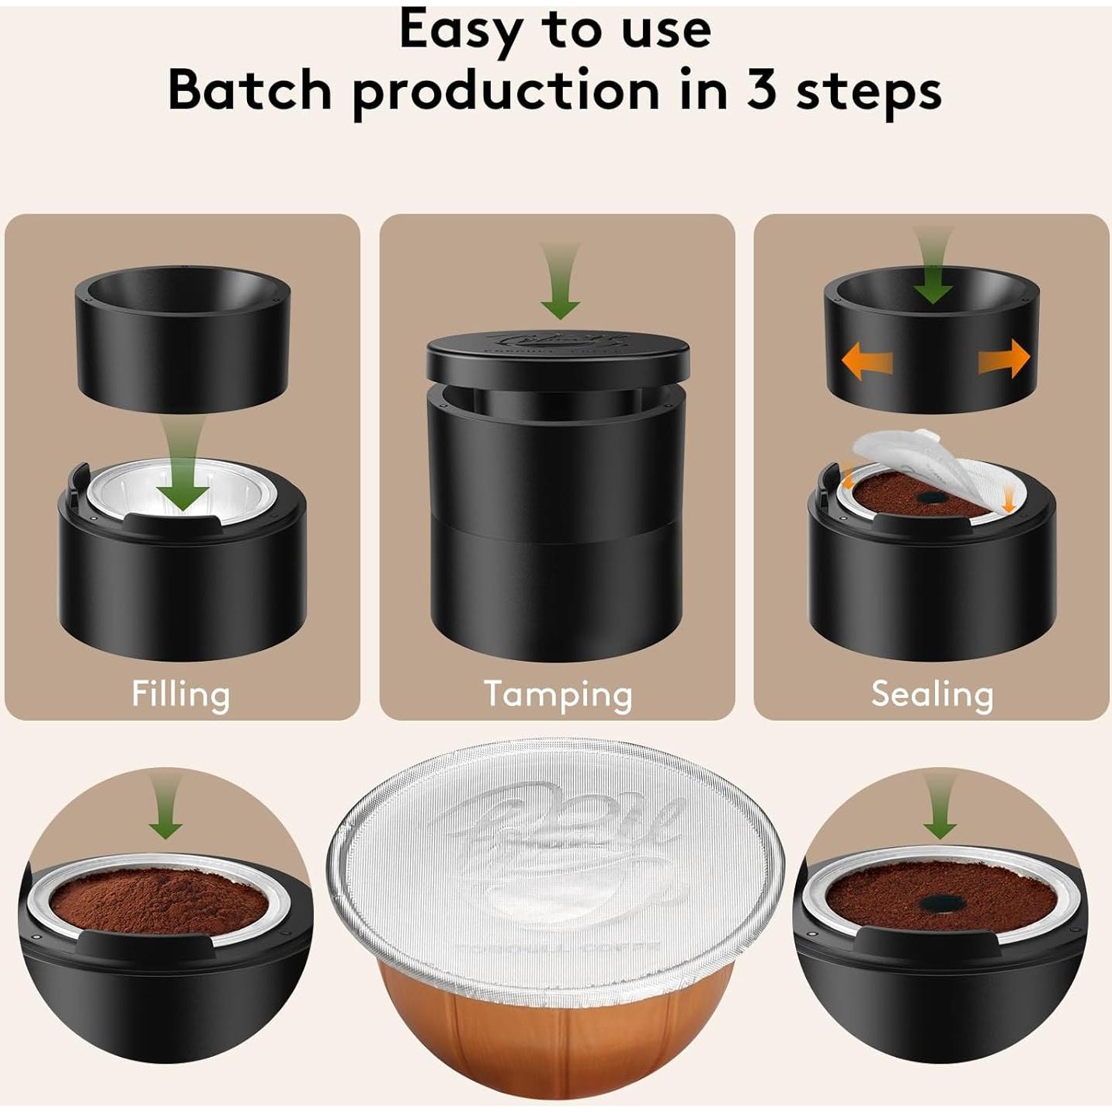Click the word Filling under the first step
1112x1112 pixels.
(x=180, y=693)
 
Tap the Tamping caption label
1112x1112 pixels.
(x=558, y=693)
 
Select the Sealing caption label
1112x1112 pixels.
(x=932, y=693)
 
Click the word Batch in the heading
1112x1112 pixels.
(x=250, y=90)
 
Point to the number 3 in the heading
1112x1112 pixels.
(x=763, y=90)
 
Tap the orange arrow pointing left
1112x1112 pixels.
(x=867, y=361)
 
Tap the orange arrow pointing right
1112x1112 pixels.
(x=1004, y=360)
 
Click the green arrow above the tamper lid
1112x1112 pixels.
(x=560, y=283)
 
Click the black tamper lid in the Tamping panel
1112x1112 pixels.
(x=558, y=354)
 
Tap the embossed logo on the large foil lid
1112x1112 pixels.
(x=559, y=846)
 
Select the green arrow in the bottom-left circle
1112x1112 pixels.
(x=166, y=808)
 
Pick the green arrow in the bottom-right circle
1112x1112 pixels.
(x=940, y=808)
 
